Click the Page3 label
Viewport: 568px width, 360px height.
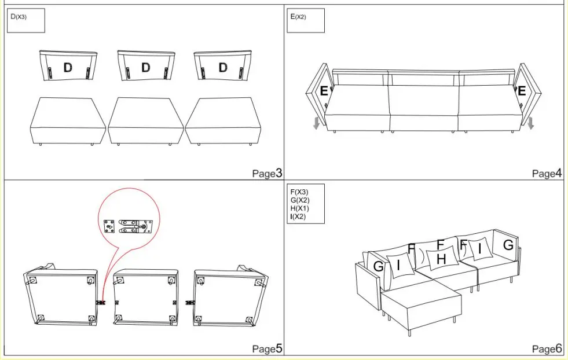267,173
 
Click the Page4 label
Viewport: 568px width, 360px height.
547,173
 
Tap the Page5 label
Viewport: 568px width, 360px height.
267,348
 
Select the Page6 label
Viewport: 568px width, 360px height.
547,348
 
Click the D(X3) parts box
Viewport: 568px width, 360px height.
25,21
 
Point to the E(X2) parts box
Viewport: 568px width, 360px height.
306,21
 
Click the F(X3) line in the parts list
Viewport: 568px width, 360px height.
300,192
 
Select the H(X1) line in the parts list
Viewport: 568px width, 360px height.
300,208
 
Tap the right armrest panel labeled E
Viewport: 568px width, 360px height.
525,91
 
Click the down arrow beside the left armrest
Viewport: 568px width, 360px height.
316,123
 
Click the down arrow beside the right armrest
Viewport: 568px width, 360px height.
530,123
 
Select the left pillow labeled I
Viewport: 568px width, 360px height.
400,264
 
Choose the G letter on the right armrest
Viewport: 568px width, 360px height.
508,245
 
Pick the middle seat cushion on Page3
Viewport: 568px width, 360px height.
145,120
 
